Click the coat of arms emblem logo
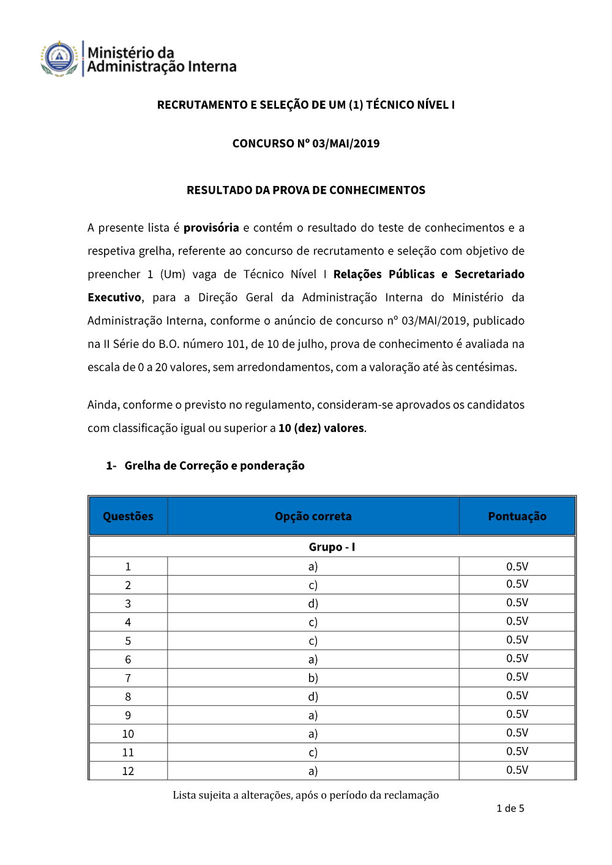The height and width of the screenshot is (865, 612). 59,59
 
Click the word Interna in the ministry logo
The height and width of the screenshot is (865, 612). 212,67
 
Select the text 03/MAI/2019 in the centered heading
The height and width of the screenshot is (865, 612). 346,144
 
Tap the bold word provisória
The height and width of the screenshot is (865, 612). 211,228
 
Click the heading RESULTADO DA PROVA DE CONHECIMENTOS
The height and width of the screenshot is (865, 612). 306,190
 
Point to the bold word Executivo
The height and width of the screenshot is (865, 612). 114,297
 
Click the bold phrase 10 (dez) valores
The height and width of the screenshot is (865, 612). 321,428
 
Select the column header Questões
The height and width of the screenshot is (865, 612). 128,516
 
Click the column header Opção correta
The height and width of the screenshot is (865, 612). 313,516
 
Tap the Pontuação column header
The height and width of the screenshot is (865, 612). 517,516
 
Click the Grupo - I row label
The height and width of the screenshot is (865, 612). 332,547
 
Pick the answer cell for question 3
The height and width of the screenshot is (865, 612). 313,604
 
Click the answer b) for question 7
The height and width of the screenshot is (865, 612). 313,678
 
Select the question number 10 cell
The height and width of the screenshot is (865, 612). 128,734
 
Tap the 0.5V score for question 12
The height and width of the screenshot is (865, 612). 517,770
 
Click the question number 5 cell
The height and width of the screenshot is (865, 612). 128,641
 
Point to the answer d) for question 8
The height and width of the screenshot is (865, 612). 313,697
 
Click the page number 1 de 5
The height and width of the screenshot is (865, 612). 510,809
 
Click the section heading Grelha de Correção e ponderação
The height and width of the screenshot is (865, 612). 214,466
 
